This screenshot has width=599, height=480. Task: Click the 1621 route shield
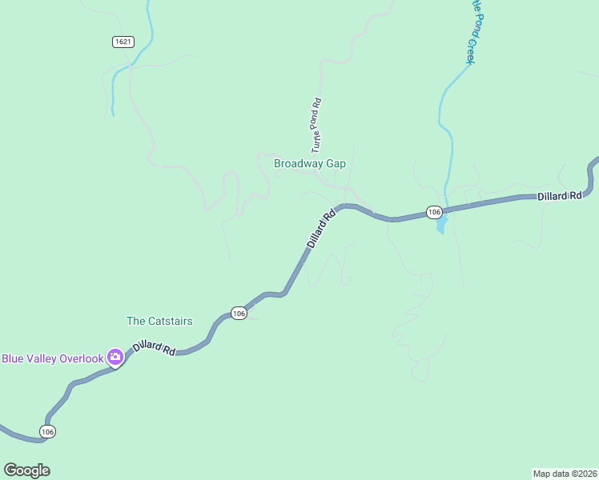pos(123,42)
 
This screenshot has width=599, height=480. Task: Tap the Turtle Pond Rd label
pos(317,125)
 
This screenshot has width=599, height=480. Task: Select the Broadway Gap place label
pos(309,163)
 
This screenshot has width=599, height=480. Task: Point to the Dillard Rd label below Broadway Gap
pos(321,229)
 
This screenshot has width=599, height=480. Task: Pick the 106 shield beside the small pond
pos(433,212)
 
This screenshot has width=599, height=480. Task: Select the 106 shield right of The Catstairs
pos(238,314)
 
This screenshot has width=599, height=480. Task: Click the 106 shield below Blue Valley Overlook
pos(47,431)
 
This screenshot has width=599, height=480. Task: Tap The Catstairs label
pos(159,321)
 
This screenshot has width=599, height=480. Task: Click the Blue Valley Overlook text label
pos(53,358)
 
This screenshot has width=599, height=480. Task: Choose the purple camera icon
pos(115,358)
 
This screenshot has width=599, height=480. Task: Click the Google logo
pos(26,470)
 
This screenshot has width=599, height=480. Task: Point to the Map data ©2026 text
pos(565,474)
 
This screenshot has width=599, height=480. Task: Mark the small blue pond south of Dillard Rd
pos(440,227)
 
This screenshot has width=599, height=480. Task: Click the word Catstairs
pos(170,321)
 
